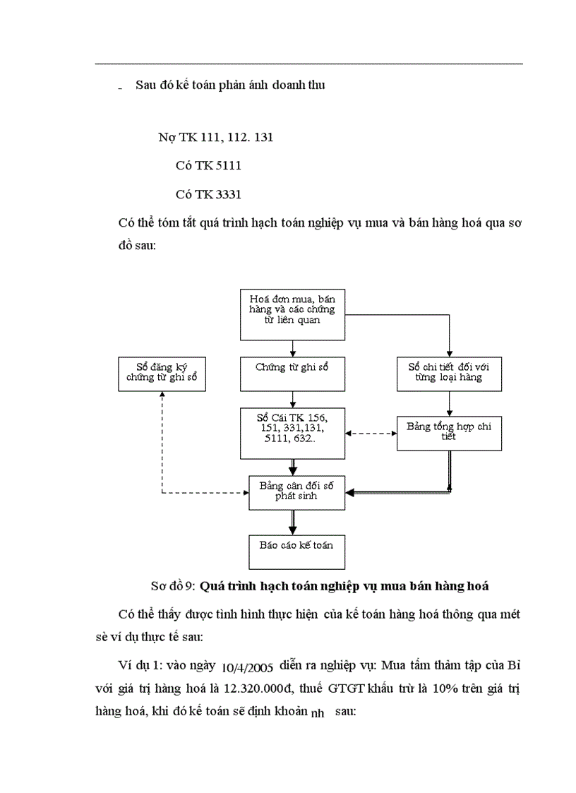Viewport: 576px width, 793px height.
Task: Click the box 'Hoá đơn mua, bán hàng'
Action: (292, 314)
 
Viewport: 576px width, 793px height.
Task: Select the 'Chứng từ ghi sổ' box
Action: (292, 373)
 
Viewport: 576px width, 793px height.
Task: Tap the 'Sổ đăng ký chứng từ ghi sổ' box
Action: (162, 373)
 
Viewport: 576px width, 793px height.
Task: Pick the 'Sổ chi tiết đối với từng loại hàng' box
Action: (449, 373)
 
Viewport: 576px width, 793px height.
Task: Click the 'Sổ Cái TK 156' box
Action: (292, 431)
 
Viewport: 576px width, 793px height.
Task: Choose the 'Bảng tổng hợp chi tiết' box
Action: (449, 433)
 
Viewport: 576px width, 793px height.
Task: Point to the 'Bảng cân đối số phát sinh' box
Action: (292, 491)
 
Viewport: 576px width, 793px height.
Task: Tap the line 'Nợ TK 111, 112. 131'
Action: (215, 138)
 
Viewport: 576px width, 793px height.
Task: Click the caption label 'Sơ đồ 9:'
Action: (174, 586)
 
